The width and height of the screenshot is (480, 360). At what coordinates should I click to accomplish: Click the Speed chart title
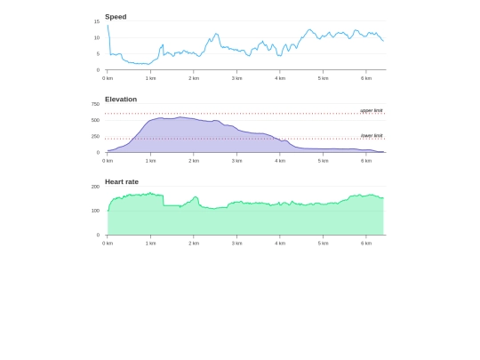116,17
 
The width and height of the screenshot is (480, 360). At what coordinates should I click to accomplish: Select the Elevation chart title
121,100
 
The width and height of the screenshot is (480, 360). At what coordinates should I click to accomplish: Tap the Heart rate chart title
122,182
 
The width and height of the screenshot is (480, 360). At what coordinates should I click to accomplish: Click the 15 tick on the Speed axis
97,21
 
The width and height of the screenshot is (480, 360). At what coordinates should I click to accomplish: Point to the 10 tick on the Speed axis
97,37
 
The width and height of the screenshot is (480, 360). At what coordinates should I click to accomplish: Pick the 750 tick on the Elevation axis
95,104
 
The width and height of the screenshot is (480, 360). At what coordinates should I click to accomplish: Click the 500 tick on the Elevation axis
95,120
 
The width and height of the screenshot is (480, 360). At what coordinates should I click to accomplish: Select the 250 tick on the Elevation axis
95,136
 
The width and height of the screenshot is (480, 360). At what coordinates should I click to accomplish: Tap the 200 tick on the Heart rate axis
95,187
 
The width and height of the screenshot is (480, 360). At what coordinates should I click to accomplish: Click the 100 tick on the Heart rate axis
95,211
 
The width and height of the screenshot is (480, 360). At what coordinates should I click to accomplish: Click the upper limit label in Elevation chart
372,110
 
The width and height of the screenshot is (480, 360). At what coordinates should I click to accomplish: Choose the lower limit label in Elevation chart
372,135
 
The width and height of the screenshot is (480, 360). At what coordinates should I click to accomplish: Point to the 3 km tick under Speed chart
236,78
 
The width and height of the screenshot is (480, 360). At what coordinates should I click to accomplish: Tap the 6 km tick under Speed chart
366,78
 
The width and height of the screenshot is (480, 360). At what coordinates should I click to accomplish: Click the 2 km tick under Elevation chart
194,161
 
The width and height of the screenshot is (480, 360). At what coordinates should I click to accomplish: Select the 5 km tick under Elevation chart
323,161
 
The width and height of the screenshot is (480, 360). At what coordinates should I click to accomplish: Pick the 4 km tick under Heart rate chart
280,243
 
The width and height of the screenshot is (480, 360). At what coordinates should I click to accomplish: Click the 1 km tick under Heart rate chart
151,243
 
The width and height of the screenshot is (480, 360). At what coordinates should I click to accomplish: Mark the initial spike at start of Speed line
108,25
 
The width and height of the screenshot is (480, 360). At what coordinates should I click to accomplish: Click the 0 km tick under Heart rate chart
108,243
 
